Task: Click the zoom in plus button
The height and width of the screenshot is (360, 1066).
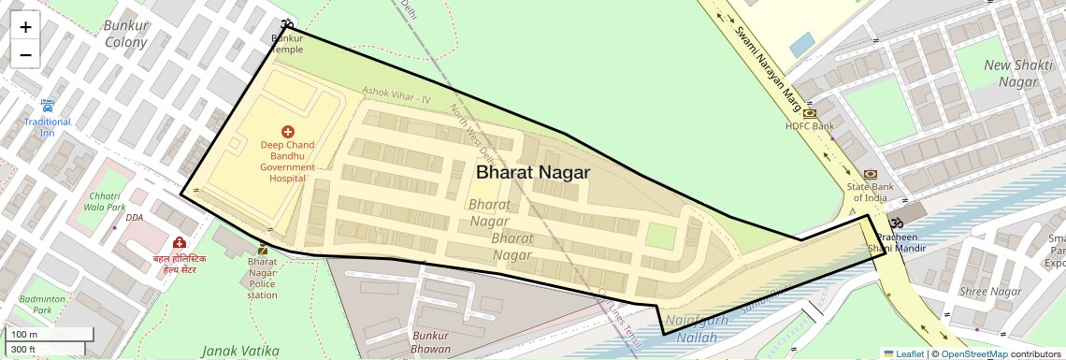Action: pyautogui.click(x=25, y=26)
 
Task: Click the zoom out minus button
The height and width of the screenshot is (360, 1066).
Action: pyautogui.click(x=25, y=54)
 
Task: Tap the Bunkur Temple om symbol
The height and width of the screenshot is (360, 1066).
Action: pyautogui.click(x=287, y=25)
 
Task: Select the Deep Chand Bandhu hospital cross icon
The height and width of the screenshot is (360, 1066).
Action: pyautogui.click(x=287, y=132)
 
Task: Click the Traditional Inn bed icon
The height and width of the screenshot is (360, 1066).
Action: pyautogui.click(x=48, y=107)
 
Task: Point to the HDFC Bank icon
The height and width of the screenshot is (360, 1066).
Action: pyautogui.click(x=810, y=113)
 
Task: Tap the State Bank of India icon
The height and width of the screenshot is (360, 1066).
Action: pyautogui.click(x=871, y=174)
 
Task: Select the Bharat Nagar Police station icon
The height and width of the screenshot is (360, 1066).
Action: pyautogui.click(x=262, y=249)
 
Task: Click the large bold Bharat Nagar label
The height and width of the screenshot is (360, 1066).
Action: pyautogui.click(x=533, y=172)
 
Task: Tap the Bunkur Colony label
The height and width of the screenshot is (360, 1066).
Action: pyautogui.click(x=126, y=34)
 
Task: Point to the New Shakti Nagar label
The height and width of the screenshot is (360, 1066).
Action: pyautogui.click(x=1012, y=73)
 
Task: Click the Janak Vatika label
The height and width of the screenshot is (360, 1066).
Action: pyautogui.click(x=240, y=351)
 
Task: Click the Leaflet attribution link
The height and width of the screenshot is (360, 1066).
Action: pyautogui.click(x=903, y=353)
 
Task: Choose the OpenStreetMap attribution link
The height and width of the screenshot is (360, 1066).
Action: pyautogui.click(x=973, y=353)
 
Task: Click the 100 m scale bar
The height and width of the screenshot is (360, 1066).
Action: pyautogui.click(x=50, y=335)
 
